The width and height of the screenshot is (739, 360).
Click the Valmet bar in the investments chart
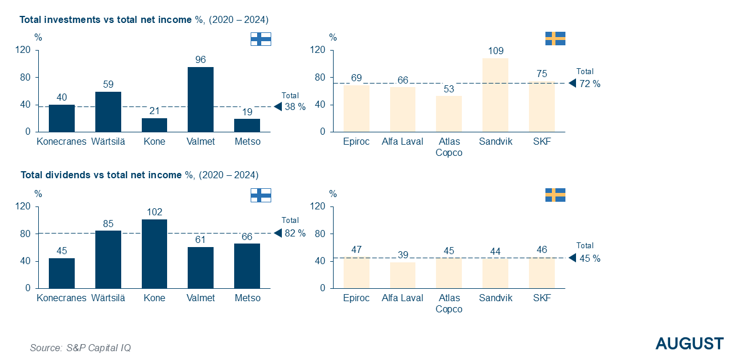(201, 99)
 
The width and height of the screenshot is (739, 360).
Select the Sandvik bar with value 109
(495, 95)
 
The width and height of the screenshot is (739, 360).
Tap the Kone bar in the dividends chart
(154, 254)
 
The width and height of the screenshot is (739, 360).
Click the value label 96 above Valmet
(201, 59)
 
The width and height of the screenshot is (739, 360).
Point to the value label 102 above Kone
(154, 212)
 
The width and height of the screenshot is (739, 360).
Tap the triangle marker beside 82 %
(278, 233)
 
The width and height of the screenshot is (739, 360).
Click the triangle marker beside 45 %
(572, 258)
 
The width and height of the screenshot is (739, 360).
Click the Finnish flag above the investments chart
(261, 39)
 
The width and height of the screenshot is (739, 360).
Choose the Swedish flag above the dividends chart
(555, 195)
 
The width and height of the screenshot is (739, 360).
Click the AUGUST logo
(690, 344)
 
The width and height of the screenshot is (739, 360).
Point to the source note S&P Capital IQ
(81, 348)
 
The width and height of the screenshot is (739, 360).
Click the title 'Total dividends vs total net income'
(101, 175)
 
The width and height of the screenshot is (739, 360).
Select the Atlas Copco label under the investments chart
(449, 147)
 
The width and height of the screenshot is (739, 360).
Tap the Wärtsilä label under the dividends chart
(108, 298)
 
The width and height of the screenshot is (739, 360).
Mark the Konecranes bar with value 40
(62, 118)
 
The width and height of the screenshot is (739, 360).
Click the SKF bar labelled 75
(541, 106)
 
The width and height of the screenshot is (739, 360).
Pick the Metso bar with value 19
(247, 125)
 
